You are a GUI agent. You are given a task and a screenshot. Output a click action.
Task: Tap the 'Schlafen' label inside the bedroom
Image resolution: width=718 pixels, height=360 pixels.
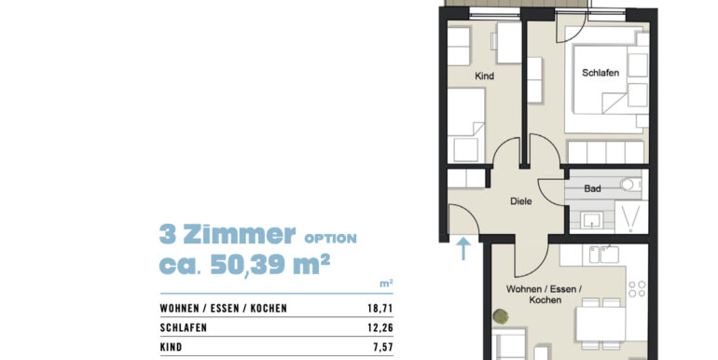[601, 75]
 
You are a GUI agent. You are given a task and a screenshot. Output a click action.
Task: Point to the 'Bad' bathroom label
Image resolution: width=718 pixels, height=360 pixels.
[592, 188]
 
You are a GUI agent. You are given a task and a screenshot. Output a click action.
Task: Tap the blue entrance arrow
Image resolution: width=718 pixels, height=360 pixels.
[463, 246]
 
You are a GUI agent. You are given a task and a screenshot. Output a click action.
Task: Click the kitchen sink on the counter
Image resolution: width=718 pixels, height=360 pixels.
[608, 253]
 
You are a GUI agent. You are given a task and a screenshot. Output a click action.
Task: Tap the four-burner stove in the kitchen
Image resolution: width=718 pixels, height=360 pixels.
[637, 293]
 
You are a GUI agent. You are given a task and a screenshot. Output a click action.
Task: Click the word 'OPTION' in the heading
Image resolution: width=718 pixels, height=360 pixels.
[330, 239]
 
